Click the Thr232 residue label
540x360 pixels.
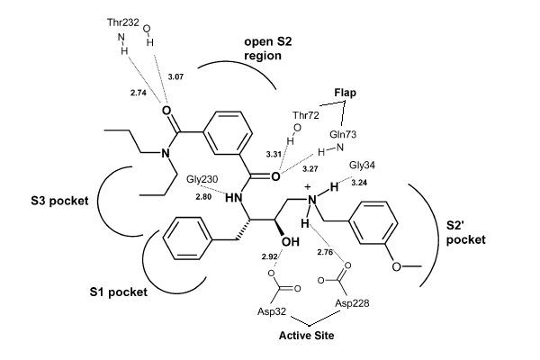123,22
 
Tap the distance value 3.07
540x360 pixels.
175,76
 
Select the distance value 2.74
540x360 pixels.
139,93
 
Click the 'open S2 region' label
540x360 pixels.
268,49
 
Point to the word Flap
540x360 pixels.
345,93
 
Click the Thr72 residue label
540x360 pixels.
306,115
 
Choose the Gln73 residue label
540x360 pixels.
343,134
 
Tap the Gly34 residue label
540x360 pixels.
362,166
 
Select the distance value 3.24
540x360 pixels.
359,183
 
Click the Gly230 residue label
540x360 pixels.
202,179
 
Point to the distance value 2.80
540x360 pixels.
203,197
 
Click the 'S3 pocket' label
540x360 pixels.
59,201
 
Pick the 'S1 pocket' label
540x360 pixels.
119,292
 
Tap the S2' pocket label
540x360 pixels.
465,232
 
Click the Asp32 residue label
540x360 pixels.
272,311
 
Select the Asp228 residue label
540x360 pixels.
352,303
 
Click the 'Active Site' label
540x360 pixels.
307,336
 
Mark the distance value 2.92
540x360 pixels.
269,256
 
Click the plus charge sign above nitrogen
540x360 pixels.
308,186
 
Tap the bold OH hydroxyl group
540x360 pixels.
291,242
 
